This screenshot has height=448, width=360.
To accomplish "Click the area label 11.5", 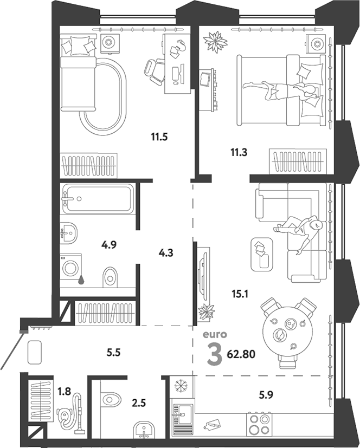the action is (x=159, y=137).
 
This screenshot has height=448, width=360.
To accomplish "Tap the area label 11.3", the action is (x=239, y=153).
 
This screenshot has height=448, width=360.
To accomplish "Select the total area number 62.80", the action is (x=241, y=354).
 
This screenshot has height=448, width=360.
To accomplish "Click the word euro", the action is (x=215, y=335).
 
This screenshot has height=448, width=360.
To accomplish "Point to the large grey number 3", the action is (x=215, y=354).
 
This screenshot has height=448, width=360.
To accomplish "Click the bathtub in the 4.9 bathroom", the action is (x=98, y=199).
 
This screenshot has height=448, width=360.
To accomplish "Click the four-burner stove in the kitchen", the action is (x=260, y=424).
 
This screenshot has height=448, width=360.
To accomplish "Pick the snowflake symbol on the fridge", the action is (x=181, y=386).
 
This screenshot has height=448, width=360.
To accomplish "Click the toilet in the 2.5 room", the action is (x=111, y=399).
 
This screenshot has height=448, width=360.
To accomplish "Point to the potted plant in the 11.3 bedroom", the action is (x=215, y=42).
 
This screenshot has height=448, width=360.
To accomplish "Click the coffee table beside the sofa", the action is (x=262, y=254).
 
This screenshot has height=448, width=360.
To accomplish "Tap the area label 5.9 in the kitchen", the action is (x=266, y=395).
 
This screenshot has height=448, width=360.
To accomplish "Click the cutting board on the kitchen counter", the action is (x=211, y=424).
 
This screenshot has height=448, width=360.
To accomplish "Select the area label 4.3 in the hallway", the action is (x=166, y=253).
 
